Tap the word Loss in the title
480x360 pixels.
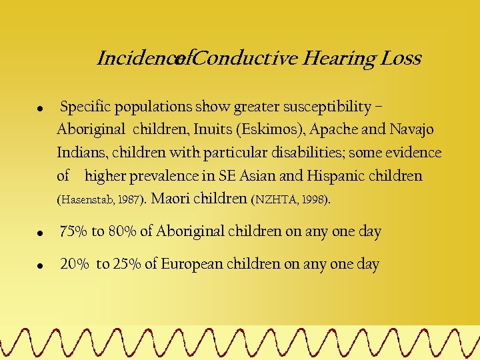coord(400,59)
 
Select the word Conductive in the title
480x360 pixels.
coord(247,59)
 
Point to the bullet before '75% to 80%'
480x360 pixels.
coord(41,233)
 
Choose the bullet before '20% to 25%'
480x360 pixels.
coord(41,265)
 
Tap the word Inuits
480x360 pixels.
coord(213,130)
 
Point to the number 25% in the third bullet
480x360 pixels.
coord(126,265)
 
